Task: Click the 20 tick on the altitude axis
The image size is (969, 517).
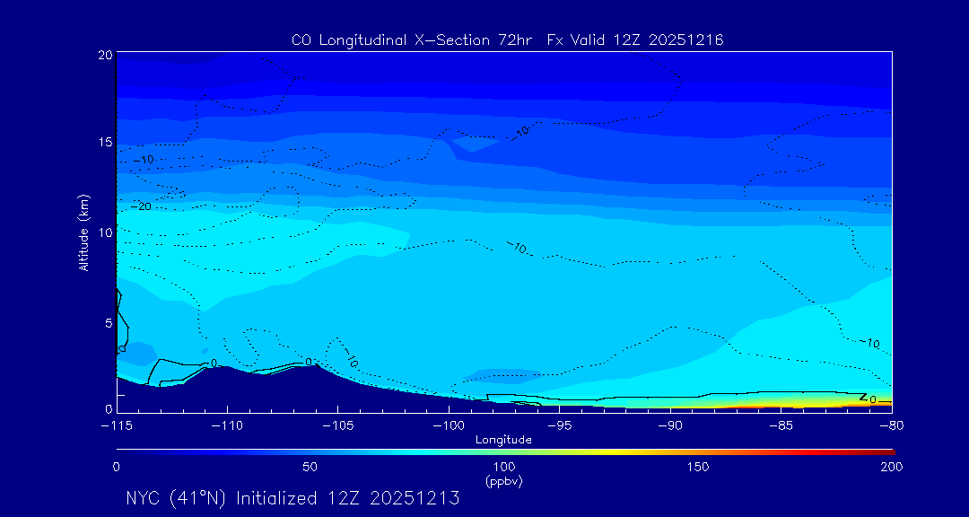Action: pyautogui.click(x=104, y=55)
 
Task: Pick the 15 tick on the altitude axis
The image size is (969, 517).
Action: pyautogui.click(x=104, y=143)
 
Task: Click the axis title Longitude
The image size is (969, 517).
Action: pyautogui.click(x=503, y=440)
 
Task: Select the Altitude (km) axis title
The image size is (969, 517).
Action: pyautogui.click(x=84, y=232)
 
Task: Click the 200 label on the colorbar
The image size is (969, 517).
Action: pyautogui.click(x=891, y=467)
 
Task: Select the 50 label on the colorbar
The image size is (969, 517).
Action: pyautogui.click(x=310, y=467)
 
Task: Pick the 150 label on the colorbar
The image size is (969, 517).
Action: pyautogui.click(x=697, y=467)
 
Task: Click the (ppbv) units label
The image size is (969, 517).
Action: pyautogui.click(x=503, y=480)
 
